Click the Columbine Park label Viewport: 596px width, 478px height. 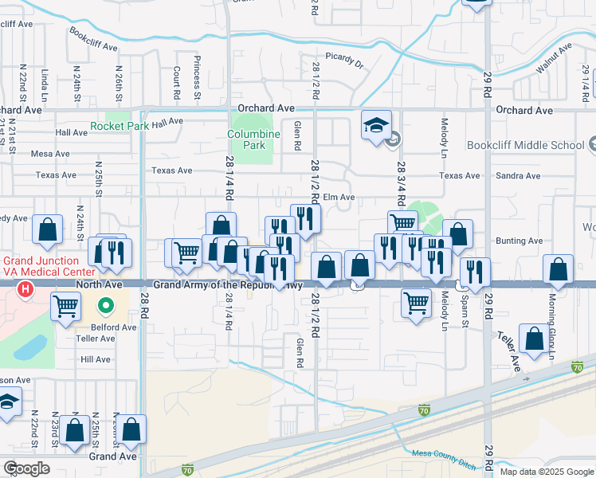click(253, 140)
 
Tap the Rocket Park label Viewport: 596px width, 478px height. click(120, 126)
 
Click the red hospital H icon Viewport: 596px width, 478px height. click(25, 289)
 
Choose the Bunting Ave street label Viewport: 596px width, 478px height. click(519, 241)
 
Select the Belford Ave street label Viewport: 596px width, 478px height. click(115, 327)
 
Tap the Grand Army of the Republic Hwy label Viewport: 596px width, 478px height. click(228, 284)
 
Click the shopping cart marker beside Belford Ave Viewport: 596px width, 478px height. click(65, 305)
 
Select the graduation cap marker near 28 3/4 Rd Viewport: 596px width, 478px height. click(376, 126)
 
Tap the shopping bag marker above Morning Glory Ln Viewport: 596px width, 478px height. click(558, 270)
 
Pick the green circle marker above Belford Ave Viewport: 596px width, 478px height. click(104, 305)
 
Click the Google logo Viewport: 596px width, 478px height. click(26, 468)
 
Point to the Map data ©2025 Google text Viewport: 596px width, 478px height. click(546, 472)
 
